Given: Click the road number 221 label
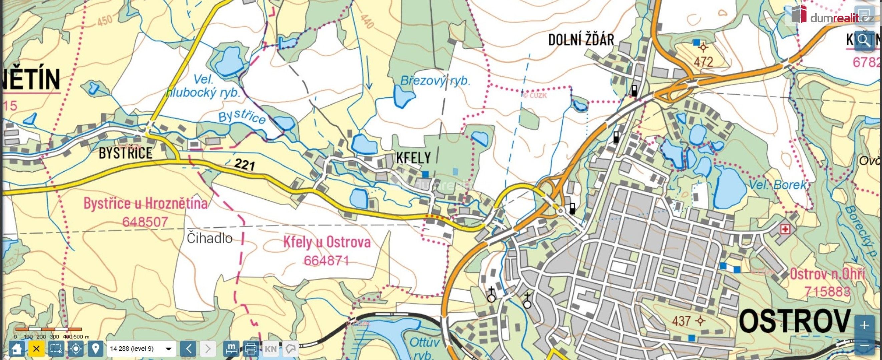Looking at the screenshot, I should point(245,165).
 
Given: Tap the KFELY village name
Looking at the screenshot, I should point(413,158).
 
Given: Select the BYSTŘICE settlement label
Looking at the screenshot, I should point(125,153).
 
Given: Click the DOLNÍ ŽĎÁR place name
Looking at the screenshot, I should point(581,40).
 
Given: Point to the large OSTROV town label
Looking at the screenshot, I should point(794,321).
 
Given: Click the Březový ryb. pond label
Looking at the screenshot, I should point(435,81).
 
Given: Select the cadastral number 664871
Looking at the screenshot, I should point(326,261).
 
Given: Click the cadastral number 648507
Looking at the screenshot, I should point(145,222).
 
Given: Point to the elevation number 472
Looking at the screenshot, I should point(703,62).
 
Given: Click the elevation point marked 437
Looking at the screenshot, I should point(700,321).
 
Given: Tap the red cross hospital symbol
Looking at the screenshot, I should point(785,229).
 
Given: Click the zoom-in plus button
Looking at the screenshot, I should point(864,325).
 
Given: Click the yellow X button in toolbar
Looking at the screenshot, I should point(36,349).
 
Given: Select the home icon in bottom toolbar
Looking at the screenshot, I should point(16,349).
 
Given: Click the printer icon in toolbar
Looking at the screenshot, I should point(251,349).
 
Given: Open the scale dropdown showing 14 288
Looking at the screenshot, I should point(141,349).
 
